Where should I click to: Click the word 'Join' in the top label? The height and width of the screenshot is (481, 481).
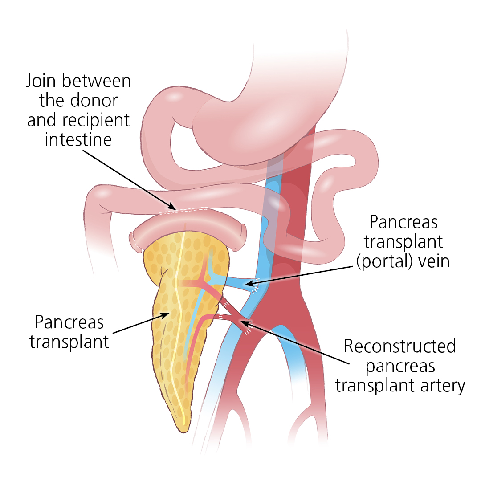(39, 81)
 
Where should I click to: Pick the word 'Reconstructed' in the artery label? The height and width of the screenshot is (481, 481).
(400, 346)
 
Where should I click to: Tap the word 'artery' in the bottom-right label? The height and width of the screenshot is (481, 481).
(440, 385)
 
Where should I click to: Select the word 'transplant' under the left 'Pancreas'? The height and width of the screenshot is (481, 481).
(69, 342)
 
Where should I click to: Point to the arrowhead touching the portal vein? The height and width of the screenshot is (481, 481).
(248, 283)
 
